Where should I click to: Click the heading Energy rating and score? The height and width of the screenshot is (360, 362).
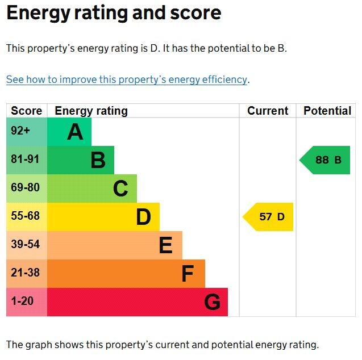pyautogui.click(x=114, y=13)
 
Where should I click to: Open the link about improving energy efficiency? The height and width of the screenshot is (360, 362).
pyautogui.click(x=127, y=79)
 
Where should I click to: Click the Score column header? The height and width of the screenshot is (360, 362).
pyautogui.click(x=26, y=111)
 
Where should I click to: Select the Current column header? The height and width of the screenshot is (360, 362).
pyautogui.click(x=268, y=111)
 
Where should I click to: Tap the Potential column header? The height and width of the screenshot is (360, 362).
pyautogui.click(x=327, y=111)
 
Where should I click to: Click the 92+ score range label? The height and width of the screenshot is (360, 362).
pyautogui.click(x=20, y=131)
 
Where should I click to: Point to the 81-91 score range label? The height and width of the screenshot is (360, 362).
pyautogui.click(x=25, y=160)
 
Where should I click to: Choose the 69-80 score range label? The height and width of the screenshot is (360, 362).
pyautogui.click(x=25, y=188)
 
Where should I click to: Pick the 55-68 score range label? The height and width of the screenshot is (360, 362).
pyautogui.click(x=25, y=216)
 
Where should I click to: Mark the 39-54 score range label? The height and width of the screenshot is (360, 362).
pyautogui.click(x=25, y=245)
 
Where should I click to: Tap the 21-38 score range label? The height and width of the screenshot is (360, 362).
pyautogui.click(x=25, y=273)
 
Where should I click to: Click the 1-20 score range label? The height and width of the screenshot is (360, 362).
pyautogui.click(x=22, y=302)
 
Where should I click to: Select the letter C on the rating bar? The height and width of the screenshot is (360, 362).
pyautogui.click(x=120, y=189)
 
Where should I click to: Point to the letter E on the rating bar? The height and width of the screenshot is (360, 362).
pyautogui.click(x=165, y=245)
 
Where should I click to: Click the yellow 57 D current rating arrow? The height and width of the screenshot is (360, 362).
pyautogui.click(x=269, y=217)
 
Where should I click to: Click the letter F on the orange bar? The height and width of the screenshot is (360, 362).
pyautogui.click(x=188, y=274)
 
